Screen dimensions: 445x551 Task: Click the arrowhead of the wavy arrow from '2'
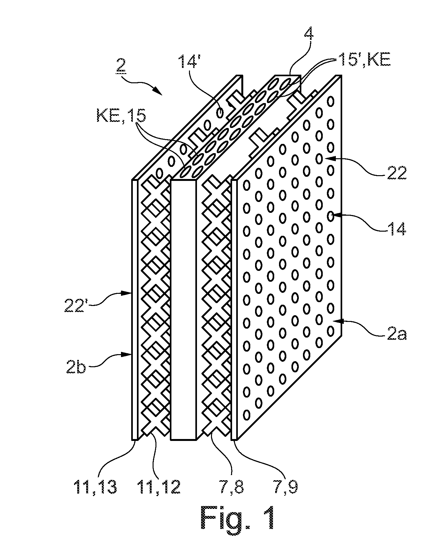159,93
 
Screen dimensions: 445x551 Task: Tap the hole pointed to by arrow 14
330,216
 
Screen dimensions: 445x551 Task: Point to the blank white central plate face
184,309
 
